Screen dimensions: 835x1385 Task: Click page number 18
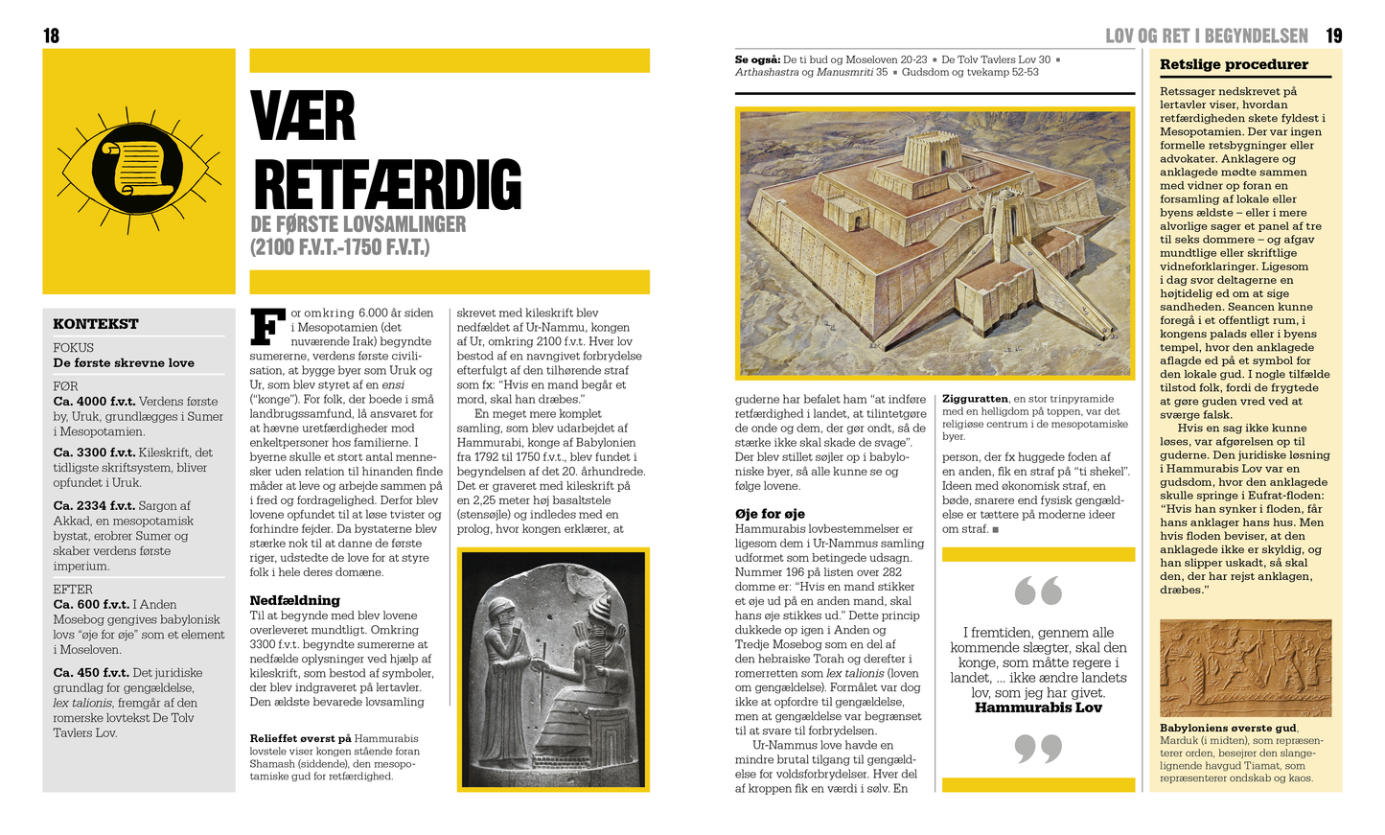tap(51, 36)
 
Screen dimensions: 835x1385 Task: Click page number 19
tap(1333, 36)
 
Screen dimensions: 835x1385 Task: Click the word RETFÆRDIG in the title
tap(386, 185)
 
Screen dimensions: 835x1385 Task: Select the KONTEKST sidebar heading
tap(96, 324)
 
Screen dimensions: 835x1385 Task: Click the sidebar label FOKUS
tap(74, 348)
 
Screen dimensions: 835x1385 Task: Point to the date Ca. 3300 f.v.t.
tap(94, 452)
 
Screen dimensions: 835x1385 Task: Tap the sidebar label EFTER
tap(73, 590)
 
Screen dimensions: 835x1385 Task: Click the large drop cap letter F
tap(267, 326)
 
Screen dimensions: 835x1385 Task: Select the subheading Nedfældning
tap(294, 600)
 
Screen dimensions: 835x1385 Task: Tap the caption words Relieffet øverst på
tap(300, 739)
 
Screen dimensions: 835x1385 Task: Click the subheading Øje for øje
tap(770, 514)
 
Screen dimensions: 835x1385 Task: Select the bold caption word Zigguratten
tap(975, 399)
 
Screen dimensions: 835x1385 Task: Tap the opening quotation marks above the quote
tap(1037, 591)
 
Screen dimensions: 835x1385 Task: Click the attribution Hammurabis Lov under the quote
tap(1038, 708)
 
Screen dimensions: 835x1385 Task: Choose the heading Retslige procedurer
tap(1234, 65)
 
